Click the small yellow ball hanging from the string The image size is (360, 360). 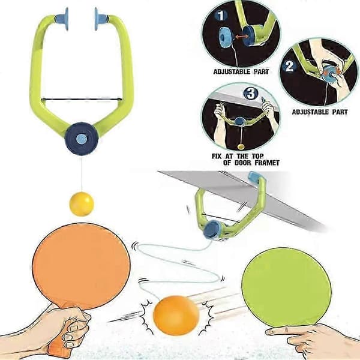[82, 204]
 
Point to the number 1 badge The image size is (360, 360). [221, 16]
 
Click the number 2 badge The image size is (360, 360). [289, 66]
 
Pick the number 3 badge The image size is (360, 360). [251, 94]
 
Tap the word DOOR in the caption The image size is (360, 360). [243, 163]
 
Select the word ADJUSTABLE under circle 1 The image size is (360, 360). [232, 71]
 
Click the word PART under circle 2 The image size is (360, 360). [340, 112]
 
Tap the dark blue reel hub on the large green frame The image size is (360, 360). [82, 139]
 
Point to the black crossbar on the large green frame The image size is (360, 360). [82, 100]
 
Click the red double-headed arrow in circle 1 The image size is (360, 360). [239, 36]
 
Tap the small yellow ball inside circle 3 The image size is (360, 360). [241, 146]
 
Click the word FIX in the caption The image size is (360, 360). [217, 157]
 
